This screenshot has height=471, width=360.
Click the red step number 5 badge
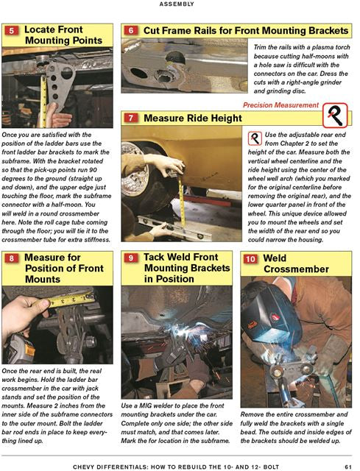pos(12,30)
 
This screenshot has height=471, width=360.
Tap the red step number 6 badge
pos(131,30)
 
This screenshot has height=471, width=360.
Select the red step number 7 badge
pos(131,118)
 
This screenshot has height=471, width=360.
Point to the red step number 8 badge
pos(12,258)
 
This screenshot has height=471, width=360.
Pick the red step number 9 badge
pos(131,258)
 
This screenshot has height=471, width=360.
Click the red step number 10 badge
pos(250,259)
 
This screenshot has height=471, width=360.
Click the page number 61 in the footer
pos(348,467)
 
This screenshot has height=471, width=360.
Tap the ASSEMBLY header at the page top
pos(177,4)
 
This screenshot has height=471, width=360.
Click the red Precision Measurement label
pos(280,105)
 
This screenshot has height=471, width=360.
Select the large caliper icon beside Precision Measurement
pos(335,115)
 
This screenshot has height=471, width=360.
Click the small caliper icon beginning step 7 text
pos(255,138)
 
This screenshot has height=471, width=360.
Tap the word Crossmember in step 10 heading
pos(296,269)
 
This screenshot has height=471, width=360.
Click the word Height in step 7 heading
pos(226,118)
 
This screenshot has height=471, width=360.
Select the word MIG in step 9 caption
pos(147,406)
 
